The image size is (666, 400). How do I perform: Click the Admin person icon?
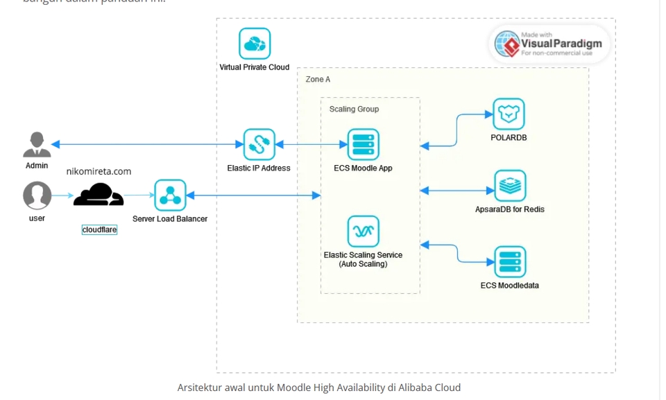(37, 144)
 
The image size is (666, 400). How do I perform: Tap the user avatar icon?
(37, 195)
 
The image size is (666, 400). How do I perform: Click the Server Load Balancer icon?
(170, 195)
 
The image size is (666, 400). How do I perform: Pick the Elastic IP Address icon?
(259, 144)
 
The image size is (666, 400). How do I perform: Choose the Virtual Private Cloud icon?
(255, 44)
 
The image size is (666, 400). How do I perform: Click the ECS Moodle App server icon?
(363, 144)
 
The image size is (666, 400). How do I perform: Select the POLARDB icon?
(509, 114)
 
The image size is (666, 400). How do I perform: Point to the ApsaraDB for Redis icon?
(510, 185)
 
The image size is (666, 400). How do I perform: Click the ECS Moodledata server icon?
(510, 262)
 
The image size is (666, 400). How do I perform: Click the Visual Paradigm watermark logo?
(550, 44)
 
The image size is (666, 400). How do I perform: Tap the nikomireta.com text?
(99, 171)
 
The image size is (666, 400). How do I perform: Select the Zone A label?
(318, 80)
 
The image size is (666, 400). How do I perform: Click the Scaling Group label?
(354, 110)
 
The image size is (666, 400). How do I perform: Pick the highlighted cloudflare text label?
(99, 229)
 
